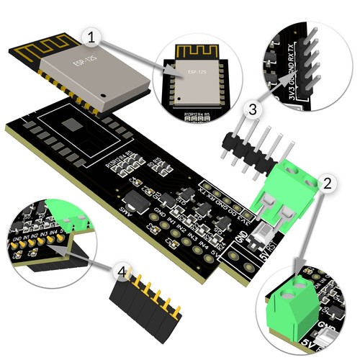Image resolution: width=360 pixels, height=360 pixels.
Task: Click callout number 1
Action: click(x=91, y=35)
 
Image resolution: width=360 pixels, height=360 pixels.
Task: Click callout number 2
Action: click(x=326, y=184)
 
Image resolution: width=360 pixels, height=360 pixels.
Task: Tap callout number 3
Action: click(x=251, y=110)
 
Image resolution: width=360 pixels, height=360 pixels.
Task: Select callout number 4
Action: click(x=124, y=272)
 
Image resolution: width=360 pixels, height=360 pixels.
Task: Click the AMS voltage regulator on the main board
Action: click(x=134, y=197)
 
